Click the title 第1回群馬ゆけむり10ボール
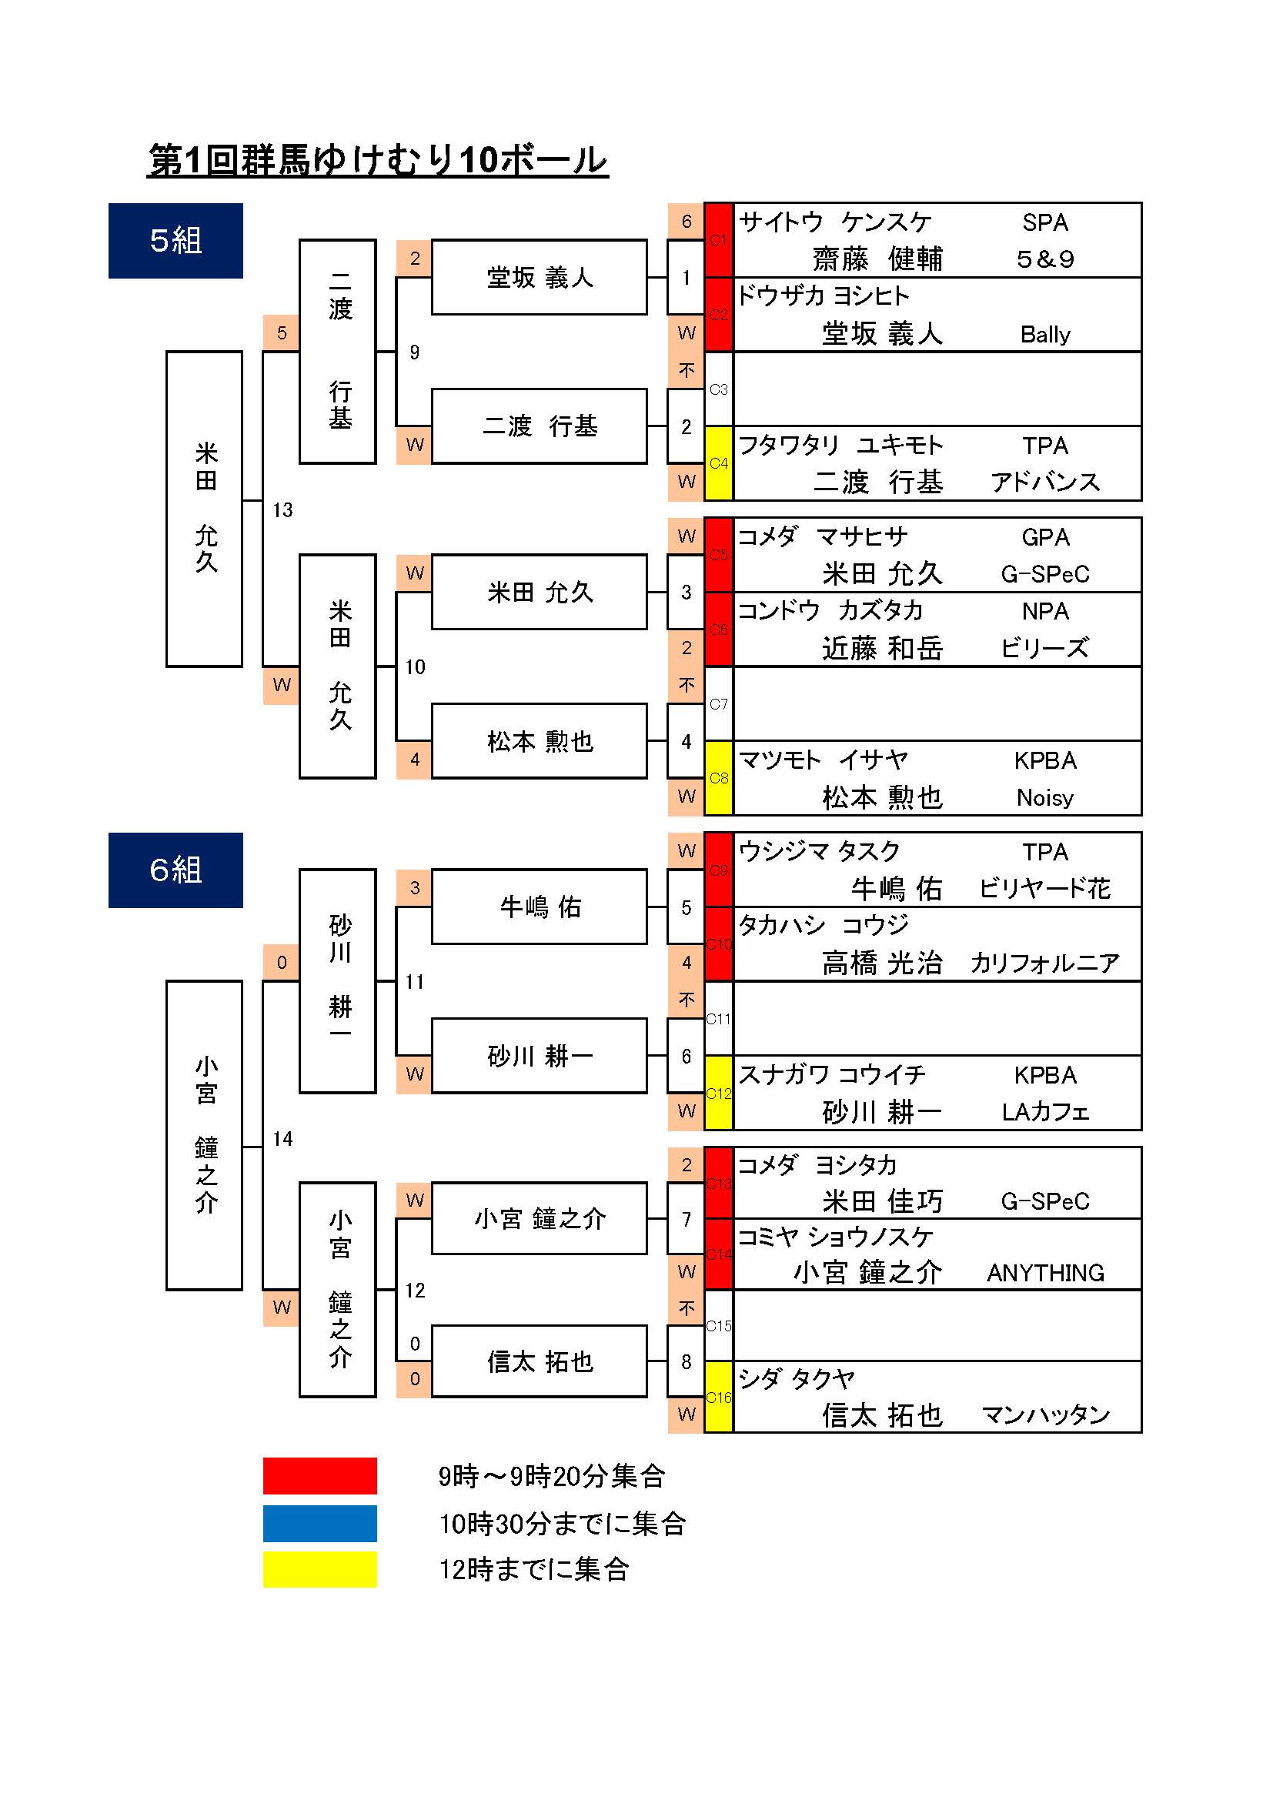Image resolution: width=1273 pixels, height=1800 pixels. tap(378, 160)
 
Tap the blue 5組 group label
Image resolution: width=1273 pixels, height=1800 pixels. tap(175, 241)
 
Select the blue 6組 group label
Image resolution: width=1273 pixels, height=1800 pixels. tap(175, 870)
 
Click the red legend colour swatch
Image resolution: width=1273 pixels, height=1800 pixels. tap(319, 1476)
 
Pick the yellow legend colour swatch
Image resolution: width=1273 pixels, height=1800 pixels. tap(319, 1569)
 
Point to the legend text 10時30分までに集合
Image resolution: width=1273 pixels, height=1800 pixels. tap(562, 1524)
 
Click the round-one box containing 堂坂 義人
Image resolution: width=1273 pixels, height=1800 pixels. tap(540, 278)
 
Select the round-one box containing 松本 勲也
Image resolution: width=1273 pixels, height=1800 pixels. tap(540, 741)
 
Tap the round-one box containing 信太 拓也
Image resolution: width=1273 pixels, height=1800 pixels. tap(540, 1362)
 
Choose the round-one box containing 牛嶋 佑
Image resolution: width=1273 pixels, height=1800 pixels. tap(540, 907)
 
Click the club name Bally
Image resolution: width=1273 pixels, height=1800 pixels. tap(1045, 335)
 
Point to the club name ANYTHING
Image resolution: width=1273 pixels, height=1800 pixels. tap(1045, 1273)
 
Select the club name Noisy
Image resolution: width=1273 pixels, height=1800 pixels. tap(1045, 798)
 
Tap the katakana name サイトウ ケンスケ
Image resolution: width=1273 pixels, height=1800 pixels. tap(835, 222)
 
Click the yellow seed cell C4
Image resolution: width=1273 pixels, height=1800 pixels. tap(718, 463)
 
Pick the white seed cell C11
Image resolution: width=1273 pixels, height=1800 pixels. tap(718, 1019)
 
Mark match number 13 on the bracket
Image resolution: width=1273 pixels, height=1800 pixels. tap(282, 510)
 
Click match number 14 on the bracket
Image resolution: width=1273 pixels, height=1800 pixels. tap(282, 1139)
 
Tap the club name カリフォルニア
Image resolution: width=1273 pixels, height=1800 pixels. tap(1045, 963)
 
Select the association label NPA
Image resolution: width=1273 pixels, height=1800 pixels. tap(1045, 612)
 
